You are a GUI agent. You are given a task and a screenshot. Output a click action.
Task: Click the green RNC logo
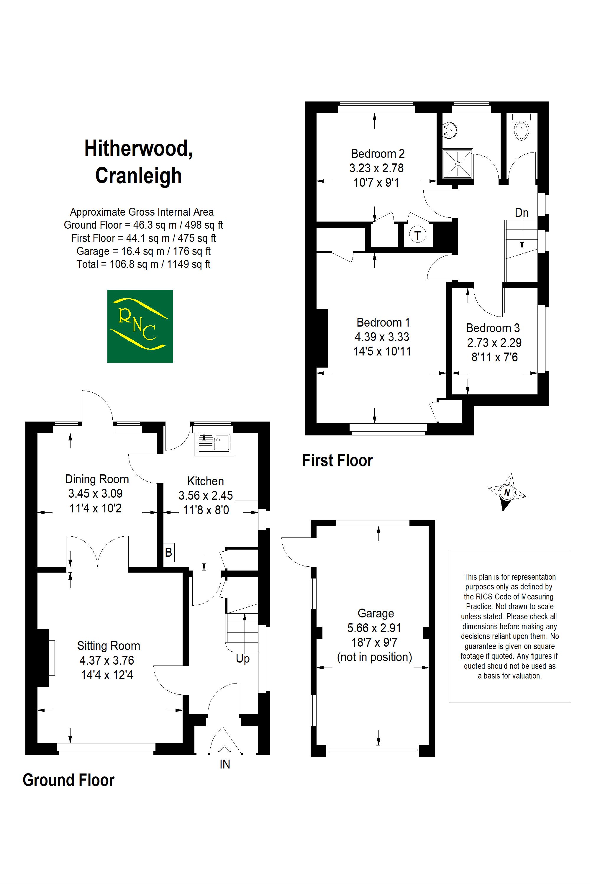(x=140, y=326)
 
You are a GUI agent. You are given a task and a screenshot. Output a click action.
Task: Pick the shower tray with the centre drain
(x=458, y=164)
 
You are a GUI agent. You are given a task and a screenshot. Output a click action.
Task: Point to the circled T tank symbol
(x=417, y=235)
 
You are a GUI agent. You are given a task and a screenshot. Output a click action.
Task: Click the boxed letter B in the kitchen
(x=168, y=552)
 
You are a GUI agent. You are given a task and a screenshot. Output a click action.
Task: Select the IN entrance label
(x=224, y=764)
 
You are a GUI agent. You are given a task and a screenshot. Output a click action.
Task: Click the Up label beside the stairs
(x=243, y=658)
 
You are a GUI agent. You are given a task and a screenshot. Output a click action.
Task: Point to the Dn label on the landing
(x=522, y=213)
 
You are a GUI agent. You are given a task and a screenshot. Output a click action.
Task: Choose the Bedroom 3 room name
(x=493, y=328)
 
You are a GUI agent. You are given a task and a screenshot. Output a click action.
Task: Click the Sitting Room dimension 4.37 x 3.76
(x=107, y=661)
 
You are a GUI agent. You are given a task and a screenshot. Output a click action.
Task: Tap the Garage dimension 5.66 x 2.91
(x=374, y=628)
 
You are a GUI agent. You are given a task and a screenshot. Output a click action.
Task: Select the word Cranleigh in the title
(x=138, y=176)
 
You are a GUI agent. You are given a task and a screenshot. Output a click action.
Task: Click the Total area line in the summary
(x=143, y=264)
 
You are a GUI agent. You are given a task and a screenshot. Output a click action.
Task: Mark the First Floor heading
(x=337, y=460)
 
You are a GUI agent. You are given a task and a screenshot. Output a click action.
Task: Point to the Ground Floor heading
(x=68, y=780)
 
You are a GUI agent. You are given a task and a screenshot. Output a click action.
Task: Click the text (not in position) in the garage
(x=374, y=657)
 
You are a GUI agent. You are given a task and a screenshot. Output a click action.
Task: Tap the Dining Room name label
(x=97, y=479)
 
